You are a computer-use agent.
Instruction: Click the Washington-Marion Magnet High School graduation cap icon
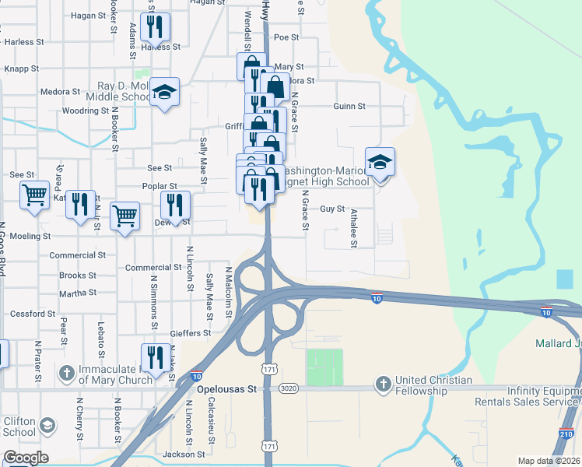[x=380, y=162]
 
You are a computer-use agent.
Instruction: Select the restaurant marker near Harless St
[x=156, y=28]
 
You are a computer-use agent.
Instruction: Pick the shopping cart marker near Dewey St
[x=124, y=216]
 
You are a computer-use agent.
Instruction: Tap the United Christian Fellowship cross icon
[x=382, y=384]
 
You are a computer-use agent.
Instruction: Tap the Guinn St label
[x=349, y=106]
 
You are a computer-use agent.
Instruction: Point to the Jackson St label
[x=184, y=454]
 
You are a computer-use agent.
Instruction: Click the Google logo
[x=25, y=458]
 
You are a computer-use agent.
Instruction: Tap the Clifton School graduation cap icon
[x=48, y=425]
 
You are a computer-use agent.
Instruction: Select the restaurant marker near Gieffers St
[x=156, y=357]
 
